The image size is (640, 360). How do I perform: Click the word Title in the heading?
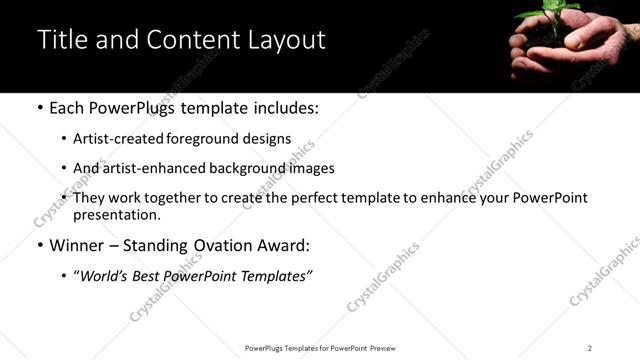click(60, 40)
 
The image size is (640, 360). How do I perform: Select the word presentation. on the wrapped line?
click(116, 215)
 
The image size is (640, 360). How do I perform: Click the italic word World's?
click(104, 275)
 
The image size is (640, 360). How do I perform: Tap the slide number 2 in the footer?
click(590, 348)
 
